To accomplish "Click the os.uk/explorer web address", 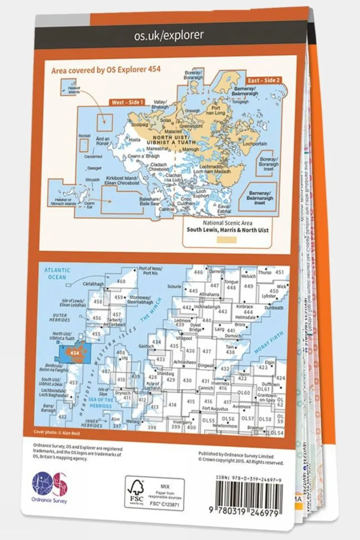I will pos(169,36).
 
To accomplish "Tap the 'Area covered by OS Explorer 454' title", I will pos(106,70).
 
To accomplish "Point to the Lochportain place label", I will pos(255,144).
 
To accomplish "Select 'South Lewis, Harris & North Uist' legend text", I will pos(227,230).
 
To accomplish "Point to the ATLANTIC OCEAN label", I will pos(57,274).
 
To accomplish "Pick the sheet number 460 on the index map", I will pos(121,281).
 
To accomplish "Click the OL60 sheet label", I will pos(244,393).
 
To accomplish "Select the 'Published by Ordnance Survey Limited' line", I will pos(236,454).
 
